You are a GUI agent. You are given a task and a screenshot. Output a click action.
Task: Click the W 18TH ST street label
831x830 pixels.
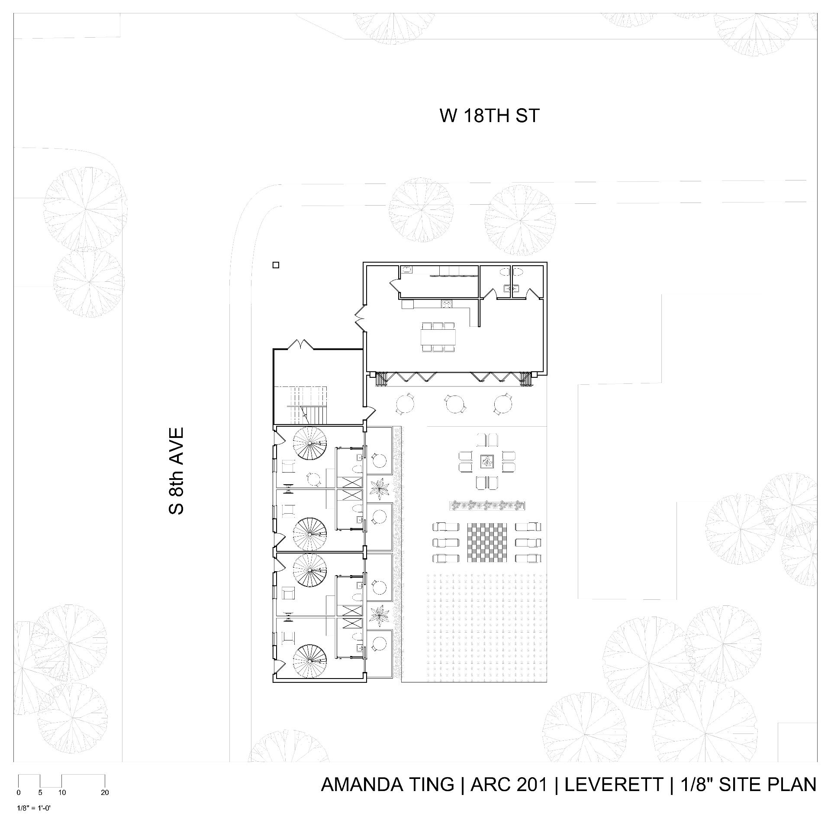[490, 116]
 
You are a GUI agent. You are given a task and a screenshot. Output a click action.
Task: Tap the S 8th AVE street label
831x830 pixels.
[177, 471]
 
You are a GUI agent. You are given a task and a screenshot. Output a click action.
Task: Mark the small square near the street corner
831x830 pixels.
[276, 265]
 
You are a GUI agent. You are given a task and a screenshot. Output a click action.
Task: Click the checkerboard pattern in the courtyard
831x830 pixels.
[487, 543]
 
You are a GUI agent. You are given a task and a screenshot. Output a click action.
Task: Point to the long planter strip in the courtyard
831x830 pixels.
[487, 505]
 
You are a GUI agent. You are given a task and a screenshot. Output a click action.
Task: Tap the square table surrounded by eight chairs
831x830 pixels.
[487, 462]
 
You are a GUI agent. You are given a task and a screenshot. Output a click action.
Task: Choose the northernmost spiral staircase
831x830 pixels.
[309, 444]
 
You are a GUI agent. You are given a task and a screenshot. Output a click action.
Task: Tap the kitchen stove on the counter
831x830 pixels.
[446, 304]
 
